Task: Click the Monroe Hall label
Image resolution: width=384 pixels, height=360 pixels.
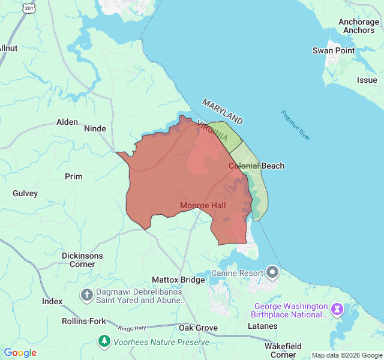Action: tap(203, 206)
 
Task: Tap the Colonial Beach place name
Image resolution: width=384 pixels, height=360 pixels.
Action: tap(257, 166)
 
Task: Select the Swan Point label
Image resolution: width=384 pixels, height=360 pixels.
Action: tap(334, 51)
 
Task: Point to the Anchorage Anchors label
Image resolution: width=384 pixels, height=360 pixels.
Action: tap(358, 26)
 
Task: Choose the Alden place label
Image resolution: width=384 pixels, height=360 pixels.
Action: tap(67, 122)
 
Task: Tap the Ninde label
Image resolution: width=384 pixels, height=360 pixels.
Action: tap(95, 128)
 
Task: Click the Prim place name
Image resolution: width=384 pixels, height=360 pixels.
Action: tap(74, 176)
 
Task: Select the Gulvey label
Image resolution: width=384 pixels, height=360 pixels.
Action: tap(25, 193)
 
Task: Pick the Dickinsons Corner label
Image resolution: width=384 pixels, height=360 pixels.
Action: tap(82, 260)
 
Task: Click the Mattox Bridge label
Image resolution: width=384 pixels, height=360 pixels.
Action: tap(178, 280)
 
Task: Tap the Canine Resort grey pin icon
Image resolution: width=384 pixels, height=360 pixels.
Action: tap(272, 273)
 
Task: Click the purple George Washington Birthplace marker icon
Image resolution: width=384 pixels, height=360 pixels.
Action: tap(337, 309)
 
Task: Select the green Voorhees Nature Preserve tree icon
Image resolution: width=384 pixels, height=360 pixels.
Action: tap(104, 341)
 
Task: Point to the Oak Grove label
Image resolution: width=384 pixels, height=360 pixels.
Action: tap(198, 328)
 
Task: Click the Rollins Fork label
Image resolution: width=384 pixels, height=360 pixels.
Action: tap(84, 321)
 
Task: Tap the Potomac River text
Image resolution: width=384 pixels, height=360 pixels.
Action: tap(296, 125)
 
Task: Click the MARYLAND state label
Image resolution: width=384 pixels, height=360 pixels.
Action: tap(222, 111)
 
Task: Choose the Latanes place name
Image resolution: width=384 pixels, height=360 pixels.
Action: tap(263, 326)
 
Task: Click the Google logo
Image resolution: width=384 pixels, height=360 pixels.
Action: tap(20, 353)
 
